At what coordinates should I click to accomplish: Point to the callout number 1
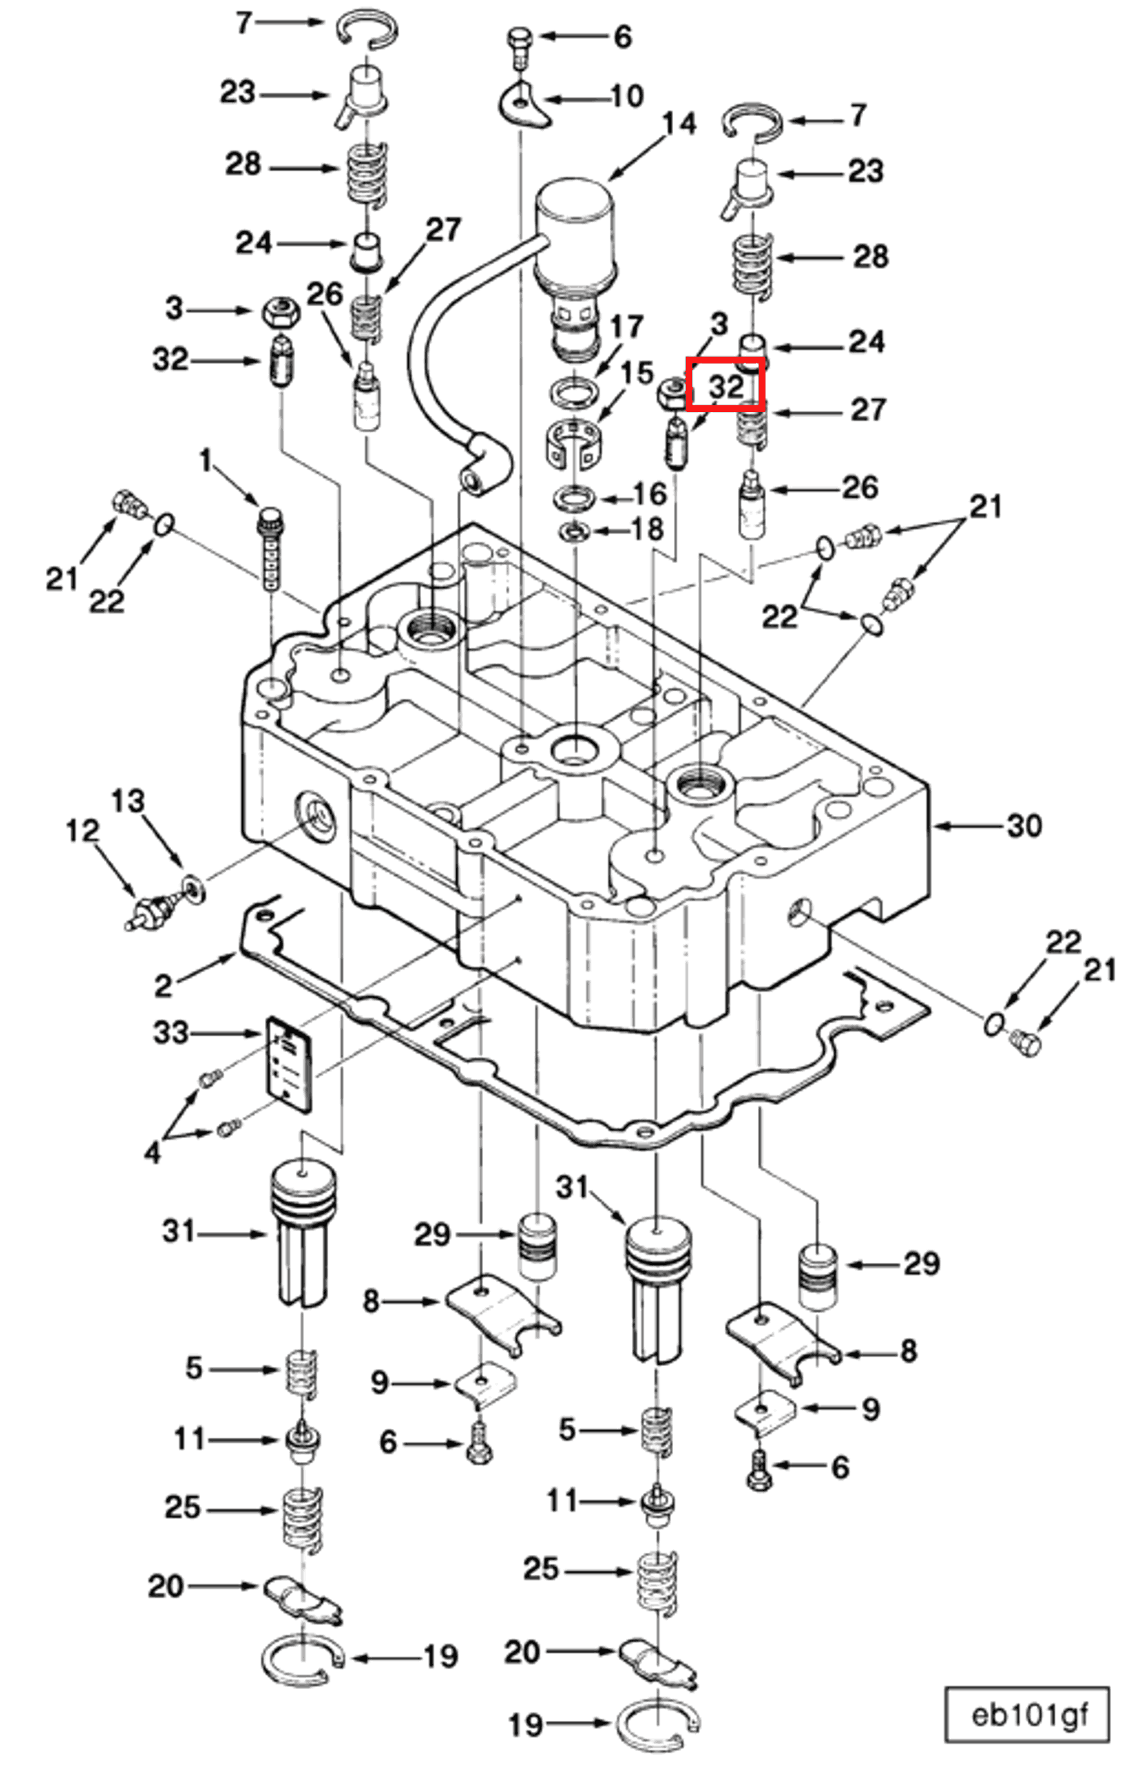(206, 461)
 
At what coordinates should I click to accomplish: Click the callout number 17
(626, 326)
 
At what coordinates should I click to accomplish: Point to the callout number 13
(128, 801)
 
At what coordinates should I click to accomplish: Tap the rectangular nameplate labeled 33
(290, 1063)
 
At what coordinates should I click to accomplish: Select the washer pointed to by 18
(574, 530)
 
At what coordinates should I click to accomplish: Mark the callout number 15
(637, 374)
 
